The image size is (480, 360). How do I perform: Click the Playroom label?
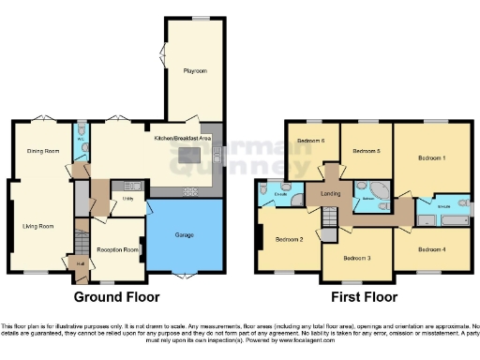pos(195,71)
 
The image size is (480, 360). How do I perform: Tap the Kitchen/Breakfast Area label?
pos(182,138)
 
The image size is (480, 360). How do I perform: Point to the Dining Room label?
pos(37,150)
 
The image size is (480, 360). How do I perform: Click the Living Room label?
pos(38,226)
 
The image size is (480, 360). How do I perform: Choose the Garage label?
pos(185,234)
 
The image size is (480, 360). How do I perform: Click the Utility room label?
pos(127,198)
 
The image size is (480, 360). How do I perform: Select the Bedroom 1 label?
pos(431,158)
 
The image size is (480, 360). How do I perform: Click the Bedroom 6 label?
pos(311,142)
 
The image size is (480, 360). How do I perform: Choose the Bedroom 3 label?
pos(356,258)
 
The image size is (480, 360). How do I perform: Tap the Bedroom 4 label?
pos(432,249)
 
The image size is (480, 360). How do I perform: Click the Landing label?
pos(330,194)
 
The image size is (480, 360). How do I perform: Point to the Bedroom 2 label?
pos(289,239)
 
